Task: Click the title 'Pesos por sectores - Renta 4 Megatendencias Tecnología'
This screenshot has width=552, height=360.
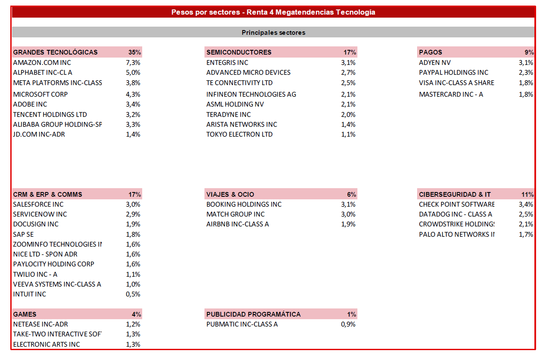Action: point(273,12)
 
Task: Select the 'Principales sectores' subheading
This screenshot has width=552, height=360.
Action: point(273,32)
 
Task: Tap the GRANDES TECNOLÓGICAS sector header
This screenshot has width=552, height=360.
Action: point(55,52)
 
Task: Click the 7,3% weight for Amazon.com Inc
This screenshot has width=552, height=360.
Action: point(133,63)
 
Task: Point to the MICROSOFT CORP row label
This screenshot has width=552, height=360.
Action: point(40,94)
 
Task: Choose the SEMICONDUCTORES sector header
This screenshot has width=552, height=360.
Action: point(239,52)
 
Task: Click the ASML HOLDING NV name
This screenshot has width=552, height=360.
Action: point(235,104)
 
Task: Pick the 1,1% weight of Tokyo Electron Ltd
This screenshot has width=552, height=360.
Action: point(348,134)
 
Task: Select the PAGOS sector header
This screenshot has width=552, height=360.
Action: point(430,52)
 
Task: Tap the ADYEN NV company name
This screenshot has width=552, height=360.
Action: point(435,63)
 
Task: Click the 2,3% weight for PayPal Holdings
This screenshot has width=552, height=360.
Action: point(526,73)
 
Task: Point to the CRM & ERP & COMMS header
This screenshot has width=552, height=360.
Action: point(48,195)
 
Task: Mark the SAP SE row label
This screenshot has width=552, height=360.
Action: point(23,235)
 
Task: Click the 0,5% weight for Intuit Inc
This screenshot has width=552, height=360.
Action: point(133,294)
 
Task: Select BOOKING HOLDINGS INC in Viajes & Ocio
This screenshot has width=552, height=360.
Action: point(244,204)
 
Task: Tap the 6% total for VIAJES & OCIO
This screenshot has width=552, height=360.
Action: point(351,195)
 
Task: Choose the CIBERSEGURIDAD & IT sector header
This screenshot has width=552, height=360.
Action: point(454,195)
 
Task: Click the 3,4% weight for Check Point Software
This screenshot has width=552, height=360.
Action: point(526,204)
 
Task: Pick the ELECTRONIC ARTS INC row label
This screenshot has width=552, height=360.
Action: point(46,345)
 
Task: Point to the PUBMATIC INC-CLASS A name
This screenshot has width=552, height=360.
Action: point(242,324)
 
